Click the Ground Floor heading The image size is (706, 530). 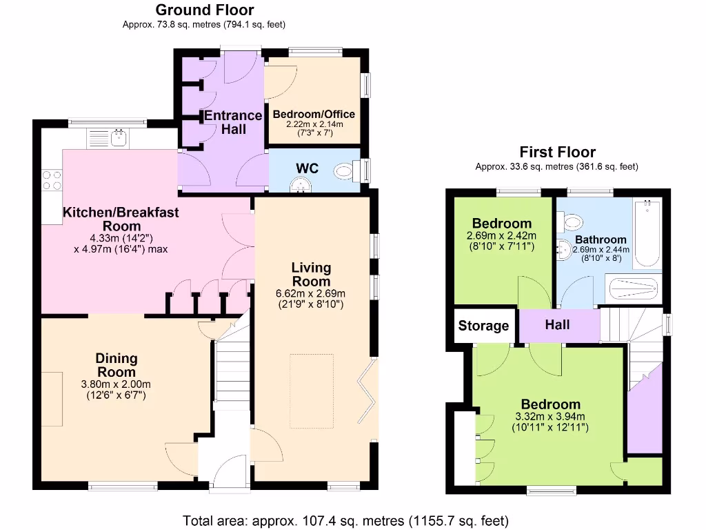204,10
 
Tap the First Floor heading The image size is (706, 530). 557,152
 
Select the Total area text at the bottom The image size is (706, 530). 346,520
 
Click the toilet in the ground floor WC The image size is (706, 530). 345,170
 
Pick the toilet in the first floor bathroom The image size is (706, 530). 571,222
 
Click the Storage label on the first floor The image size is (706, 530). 483,326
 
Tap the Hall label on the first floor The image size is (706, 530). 557,324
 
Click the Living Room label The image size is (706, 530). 311,275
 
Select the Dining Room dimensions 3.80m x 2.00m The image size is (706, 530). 116,385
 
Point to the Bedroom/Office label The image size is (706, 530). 314,115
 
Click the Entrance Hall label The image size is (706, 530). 233,122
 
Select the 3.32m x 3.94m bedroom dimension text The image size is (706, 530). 550,417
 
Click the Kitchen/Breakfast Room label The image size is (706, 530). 121,219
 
